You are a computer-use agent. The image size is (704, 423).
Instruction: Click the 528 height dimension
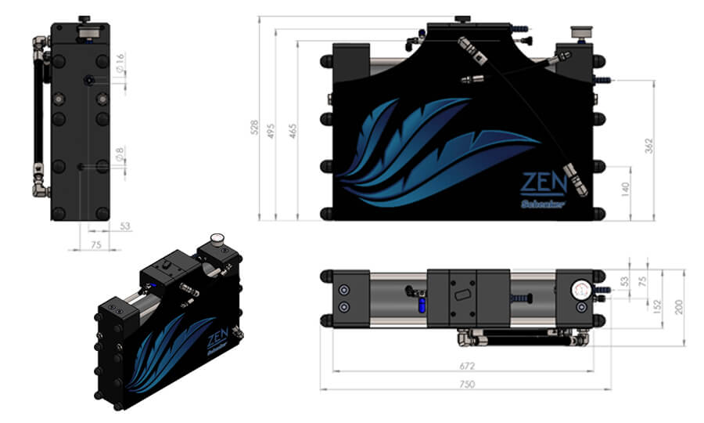click(253, 127)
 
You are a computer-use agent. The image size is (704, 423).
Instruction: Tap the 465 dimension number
click(292, 131)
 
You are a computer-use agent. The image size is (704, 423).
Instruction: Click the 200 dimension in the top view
click(678, 306)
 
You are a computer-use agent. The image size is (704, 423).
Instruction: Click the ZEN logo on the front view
click(543, 185)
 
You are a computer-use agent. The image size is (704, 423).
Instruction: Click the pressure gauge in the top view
click(580, 289)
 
